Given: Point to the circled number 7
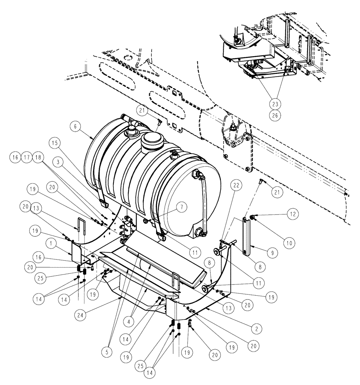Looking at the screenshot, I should (x=182, y=207).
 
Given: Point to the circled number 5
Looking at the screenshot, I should (x=107, y=351).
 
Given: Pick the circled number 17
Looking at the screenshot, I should (x=26, y=157).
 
